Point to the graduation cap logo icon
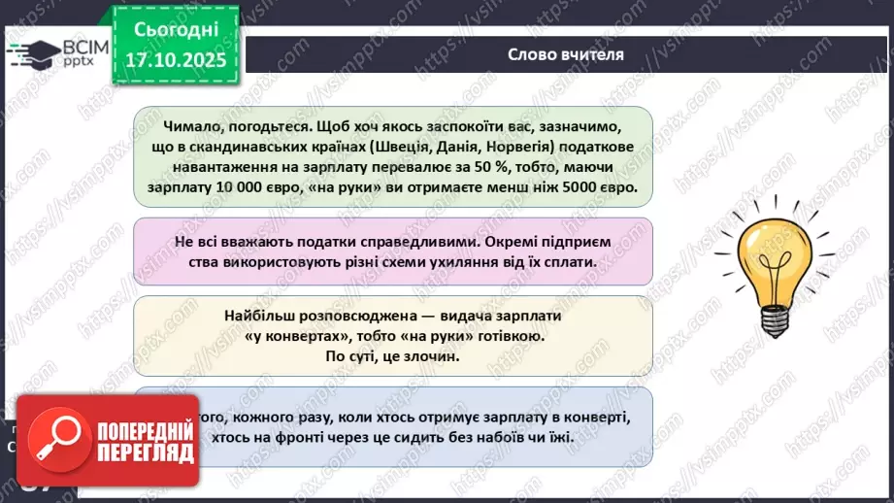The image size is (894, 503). tap(37, 52)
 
